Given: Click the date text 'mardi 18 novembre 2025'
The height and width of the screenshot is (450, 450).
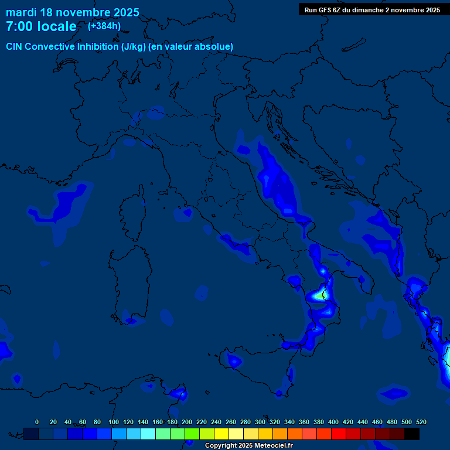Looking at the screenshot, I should [72, 12].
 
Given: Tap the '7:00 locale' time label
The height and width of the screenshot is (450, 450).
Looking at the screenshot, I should [41, 26].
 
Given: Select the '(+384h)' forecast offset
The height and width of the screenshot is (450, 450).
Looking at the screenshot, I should [104, 26].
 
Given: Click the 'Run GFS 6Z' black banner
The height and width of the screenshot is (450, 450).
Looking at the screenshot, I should [372, 9].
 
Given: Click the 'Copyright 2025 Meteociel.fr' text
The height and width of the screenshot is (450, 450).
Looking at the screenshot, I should [248, 445].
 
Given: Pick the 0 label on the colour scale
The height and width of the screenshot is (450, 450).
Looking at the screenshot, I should [37, 422].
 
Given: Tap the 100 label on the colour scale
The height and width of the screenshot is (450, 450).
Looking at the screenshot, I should [114, 422].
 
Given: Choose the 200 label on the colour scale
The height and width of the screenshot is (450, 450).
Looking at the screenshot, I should [187, 422].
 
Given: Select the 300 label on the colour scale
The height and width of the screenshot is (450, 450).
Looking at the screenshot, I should [260, 422].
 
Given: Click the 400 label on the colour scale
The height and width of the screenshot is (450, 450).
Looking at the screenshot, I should [333, 422].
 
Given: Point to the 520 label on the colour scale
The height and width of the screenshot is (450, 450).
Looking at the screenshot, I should [421, 422].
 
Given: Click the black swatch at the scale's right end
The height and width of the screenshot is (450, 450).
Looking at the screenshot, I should [412, 434].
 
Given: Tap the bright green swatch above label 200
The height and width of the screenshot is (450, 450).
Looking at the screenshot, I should [192, 434].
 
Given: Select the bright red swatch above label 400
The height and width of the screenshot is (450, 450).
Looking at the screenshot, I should [339, 434].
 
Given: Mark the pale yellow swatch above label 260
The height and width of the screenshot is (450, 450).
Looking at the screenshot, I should [236, 434].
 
